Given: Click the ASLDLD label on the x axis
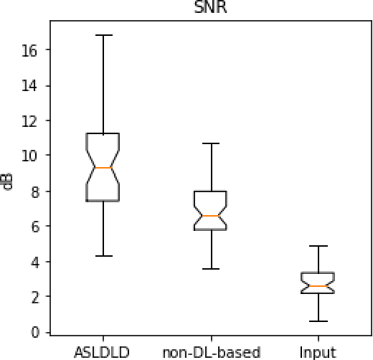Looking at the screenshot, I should [103, 352].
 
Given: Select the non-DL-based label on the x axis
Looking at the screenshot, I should [212, 352].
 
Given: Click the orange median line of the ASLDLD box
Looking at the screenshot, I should [103, 168].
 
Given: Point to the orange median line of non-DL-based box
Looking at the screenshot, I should [210, 216].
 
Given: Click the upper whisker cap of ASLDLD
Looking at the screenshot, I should [103, 35].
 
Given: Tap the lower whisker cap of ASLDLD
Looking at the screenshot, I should [103, 255].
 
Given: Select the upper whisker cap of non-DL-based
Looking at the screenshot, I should [210, 143].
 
